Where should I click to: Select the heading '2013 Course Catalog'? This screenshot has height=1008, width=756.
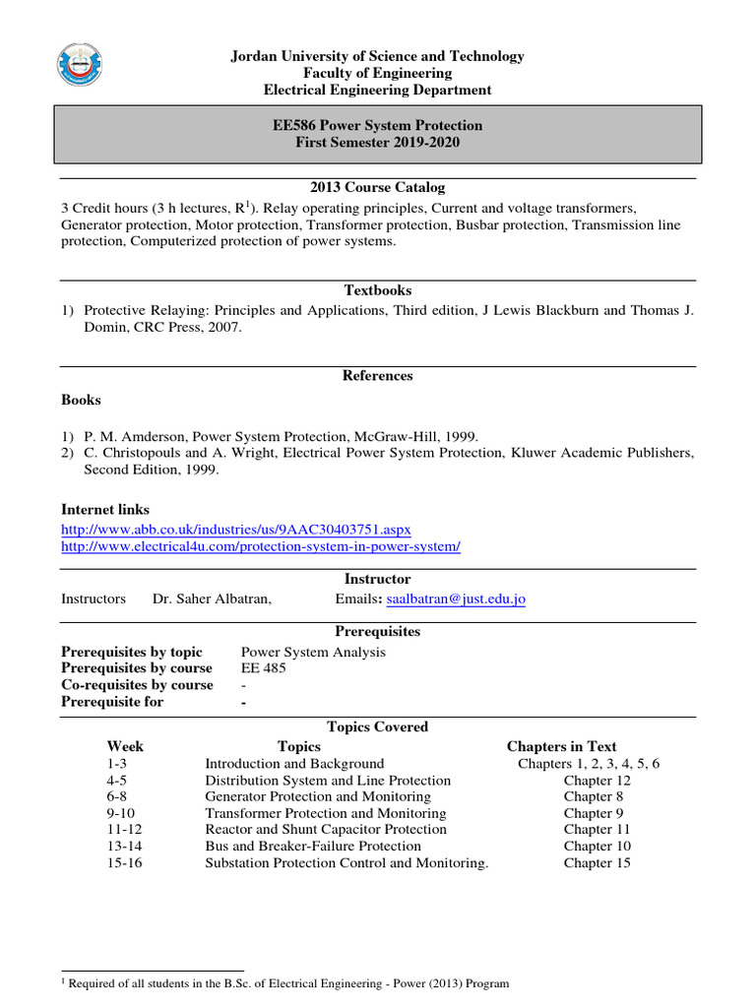[378, 187]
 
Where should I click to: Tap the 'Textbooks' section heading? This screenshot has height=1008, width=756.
[378, 290]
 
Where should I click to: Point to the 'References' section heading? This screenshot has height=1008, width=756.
[378, 376]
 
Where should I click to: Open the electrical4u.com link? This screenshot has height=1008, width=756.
[261, 546]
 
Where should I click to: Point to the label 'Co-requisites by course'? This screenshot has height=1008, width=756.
[137, 685]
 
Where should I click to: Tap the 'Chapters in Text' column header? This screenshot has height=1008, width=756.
[561, 747]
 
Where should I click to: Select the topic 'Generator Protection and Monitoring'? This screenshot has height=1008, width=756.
[318, 796]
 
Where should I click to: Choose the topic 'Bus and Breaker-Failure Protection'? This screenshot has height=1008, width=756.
[313, 847]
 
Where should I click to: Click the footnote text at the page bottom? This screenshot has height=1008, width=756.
[285, 983]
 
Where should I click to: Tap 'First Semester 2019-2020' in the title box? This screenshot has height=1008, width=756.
[378, 143]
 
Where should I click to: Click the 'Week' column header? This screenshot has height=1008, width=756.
[125, 747]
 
